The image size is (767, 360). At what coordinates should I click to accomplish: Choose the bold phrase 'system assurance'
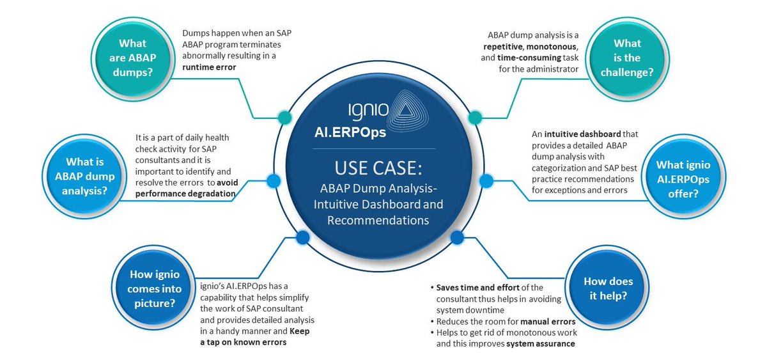click(540, 343)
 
